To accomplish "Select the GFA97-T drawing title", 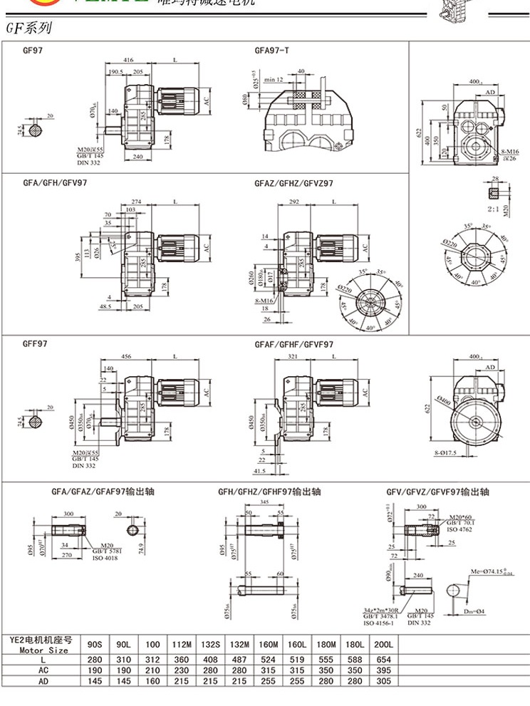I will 271,51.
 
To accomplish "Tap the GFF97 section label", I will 35,343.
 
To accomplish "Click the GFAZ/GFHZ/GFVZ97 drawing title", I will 293,183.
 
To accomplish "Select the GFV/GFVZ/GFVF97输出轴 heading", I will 437,492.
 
